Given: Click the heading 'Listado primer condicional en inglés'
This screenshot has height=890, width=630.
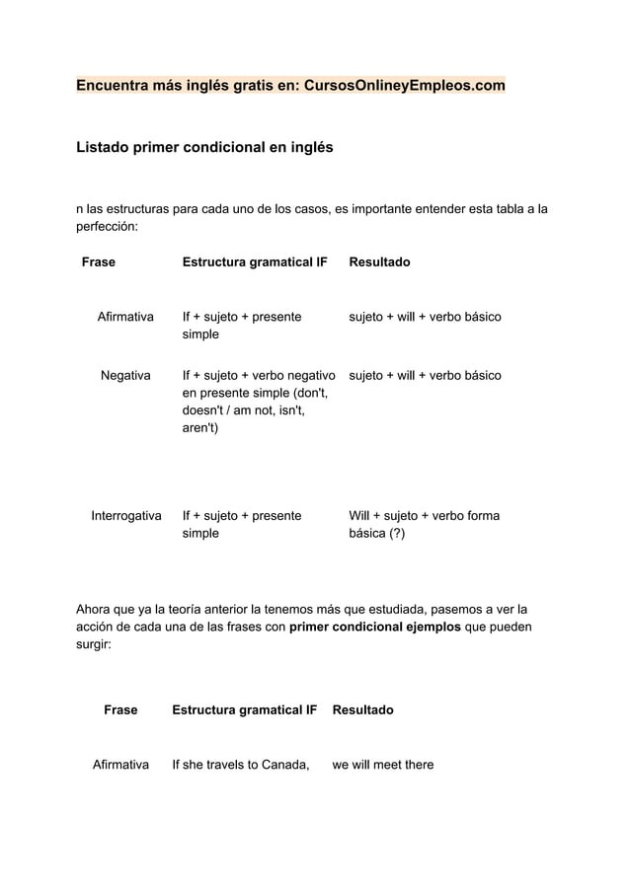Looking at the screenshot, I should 204,148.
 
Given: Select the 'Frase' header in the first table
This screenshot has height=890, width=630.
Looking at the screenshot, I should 98,261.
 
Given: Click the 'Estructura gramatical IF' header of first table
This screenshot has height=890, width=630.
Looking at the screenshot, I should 255,261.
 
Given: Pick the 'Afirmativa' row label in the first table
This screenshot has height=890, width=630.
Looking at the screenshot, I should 125,317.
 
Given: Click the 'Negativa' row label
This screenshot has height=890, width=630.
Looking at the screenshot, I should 125,375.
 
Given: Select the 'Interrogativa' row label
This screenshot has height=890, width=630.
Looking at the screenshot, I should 126,515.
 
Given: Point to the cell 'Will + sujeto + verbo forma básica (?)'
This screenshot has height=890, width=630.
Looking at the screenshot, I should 424,524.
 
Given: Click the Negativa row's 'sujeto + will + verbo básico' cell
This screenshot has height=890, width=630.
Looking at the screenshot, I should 425,375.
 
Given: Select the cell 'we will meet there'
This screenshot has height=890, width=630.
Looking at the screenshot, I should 383,765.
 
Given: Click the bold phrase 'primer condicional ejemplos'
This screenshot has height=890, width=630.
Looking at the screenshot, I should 374,627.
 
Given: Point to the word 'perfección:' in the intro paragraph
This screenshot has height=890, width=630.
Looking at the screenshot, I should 108,226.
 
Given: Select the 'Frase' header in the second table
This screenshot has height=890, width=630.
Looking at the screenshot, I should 120,709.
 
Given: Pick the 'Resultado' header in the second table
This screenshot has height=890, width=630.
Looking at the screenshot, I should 362,709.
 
